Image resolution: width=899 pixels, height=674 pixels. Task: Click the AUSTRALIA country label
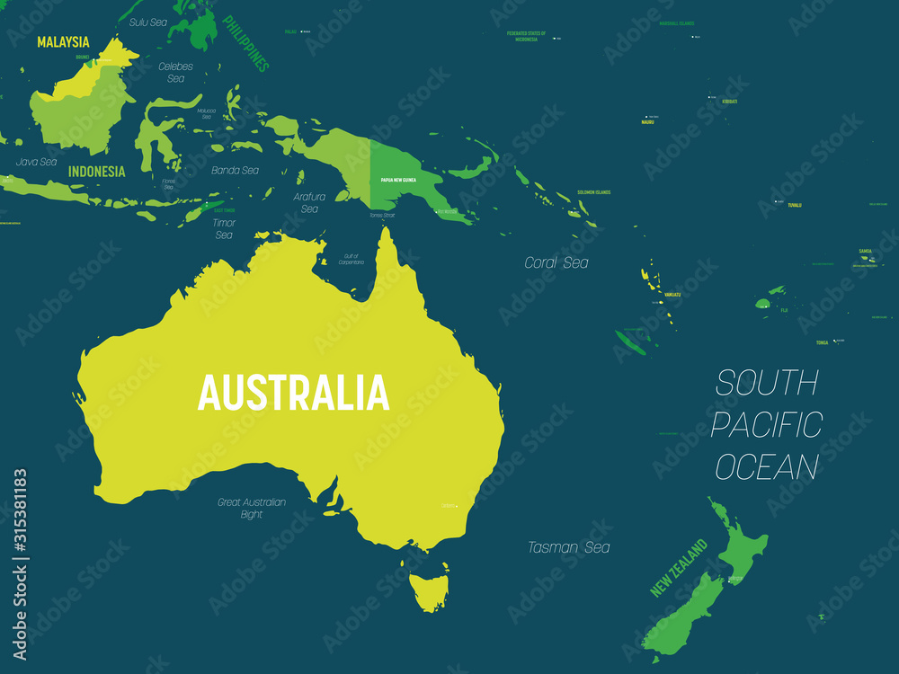coord(293,393)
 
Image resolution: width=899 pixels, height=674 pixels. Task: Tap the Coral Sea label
coord(556,262)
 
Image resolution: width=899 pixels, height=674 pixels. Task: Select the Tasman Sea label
coord(568,546)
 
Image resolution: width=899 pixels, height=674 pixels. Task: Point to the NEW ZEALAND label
coord(679,568)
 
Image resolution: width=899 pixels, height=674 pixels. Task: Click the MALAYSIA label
coord(63,41)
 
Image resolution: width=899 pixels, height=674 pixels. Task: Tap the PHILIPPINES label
coord(245,42)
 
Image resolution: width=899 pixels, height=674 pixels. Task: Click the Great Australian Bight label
coord(252,508)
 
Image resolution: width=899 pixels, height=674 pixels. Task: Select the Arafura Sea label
coord(309,202)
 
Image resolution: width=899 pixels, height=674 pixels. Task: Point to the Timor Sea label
coord(224,228)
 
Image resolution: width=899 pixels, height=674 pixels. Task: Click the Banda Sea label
coord(235,170)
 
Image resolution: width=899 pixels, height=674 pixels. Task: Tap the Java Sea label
coord(36,162)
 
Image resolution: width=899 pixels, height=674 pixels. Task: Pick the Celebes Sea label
coord(175,72)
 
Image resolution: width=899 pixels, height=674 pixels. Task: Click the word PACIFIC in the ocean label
coord(766,424)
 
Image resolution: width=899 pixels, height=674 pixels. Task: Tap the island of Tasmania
coord(428,589)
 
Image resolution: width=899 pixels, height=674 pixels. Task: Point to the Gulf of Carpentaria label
coord(351,259)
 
